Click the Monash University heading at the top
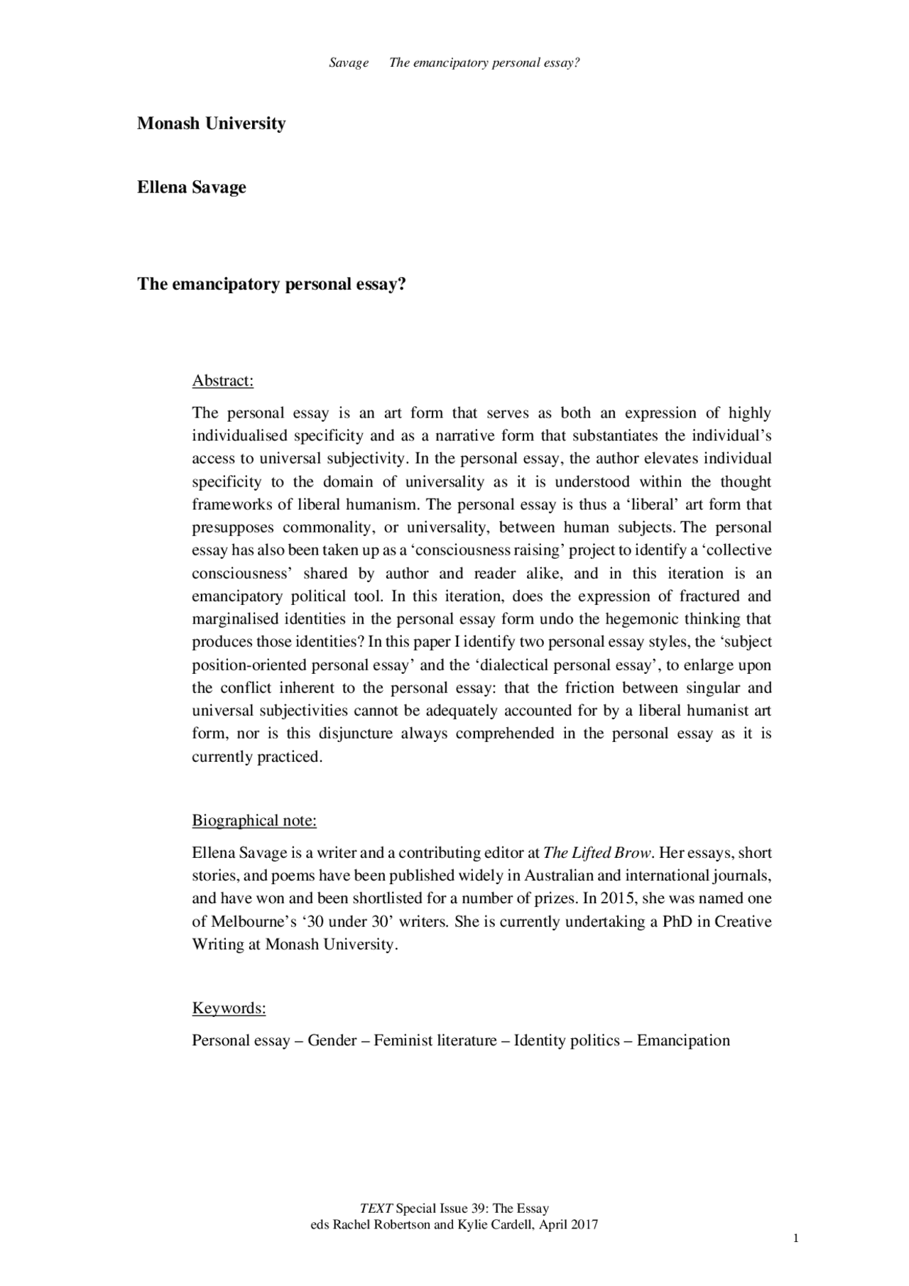coord(211,124)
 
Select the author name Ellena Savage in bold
coord(192,187)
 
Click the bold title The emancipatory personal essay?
coord(271,284)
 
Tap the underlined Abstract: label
coord(223,381)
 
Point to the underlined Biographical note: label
coord(254,821)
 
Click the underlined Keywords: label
coord(229,1008)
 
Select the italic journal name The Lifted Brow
coord(597,852)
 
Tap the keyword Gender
coord(332,1041)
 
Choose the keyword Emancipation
coord(683,1041)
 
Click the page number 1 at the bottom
coord(796,1238)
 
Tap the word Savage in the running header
coord(349,63)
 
